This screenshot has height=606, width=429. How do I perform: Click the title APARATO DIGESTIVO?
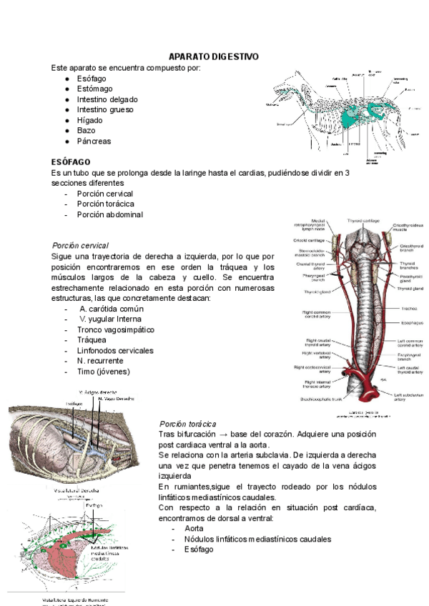213,56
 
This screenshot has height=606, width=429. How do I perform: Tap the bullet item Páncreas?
94,141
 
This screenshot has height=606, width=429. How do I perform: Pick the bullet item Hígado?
89,120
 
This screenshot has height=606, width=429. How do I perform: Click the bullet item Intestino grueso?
105,110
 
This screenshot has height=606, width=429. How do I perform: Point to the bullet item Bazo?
86,131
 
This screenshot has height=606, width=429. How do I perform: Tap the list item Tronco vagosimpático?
115,329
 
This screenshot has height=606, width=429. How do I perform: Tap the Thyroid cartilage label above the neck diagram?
363,220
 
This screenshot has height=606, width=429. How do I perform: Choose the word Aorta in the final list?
194,528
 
